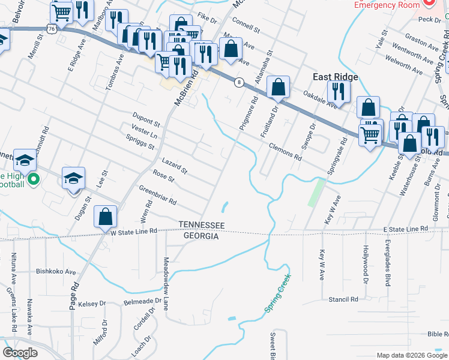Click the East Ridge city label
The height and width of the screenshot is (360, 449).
click(336, 77)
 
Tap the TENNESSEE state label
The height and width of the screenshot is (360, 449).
click(202, 225)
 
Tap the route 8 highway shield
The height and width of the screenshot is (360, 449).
click(239, 83)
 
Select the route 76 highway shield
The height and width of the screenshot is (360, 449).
click(52, 28)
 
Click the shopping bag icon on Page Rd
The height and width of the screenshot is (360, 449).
click(106, 217)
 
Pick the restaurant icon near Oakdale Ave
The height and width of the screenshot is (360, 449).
click(339, 91)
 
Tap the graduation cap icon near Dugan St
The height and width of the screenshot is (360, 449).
click(73, 178)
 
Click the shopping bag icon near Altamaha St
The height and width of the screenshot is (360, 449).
click(279, 88)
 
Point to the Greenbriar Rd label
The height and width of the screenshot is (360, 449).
click(158, 195)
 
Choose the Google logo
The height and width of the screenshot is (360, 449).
click(19, 353)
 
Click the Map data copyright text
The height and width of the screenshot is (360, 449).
click(411, 355)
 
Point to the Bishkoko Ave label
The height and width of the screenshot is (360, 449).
click(55, 271)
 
